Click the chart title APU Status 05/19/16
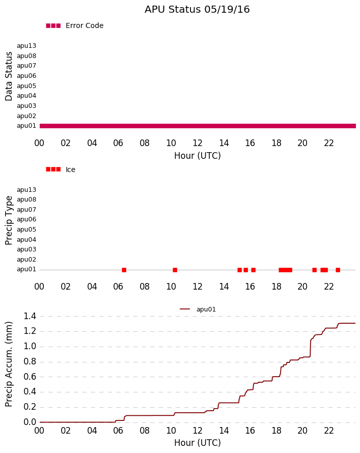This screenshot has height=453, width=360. click(197, 9)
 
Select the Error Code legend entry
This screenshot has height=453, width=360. click(74, 26)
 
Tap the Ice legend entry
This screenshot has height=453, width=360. click(61, 169)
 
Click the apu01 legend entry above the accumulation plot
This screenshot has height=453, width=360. click(198, 309)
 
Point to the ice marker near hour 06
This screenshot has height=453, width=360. click(124, 270)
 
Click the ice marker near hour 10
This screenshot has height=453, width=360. click(175, 270)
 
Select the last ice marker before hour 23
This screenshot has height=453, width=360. click(338, 270)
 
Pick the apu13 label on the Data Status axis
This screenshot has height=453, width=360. click(26, 46)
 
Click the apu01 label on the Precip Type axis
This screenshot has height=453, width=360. click(26, 269)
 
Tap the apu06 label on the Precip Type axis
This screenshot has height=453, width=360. click(26, 219)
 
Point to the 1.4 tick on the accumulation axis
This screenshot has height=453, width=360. click(30, 317)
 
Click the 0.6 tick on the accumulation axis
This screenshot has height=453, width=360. click(30, 377)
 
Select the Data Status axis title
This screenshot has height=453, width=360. click(9, 76)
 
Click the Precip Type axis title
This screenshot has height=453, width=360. click(9, 220)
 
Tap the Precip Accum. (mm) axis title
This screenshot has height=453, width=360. click(9, 364)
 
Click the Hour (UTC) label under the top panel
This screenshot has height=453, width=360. click(198, 156)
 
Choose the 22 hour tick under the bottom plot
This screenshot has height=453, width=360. click(329, 431)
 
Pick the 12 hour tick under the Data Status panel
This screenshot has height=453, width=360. click(198, 143)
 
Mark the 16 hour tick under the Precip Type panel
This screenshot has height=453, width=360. click(250, 287)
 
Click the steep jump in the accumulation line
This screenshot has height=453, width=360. click(310, 348)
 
